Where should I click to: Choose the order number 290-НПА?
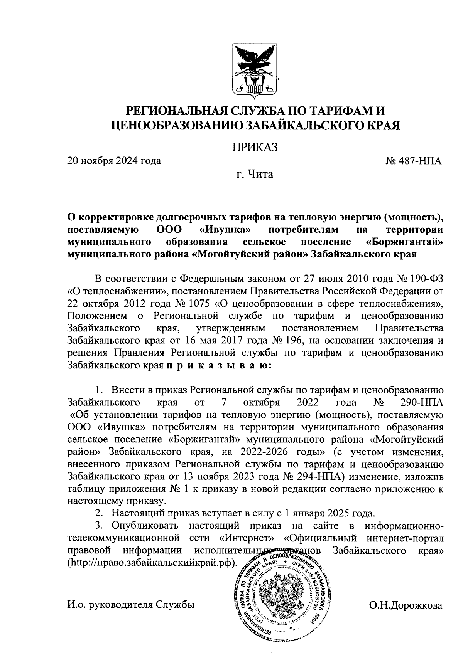click(421, 403)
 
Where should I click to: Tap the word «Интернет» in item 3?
click(247, 538)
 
